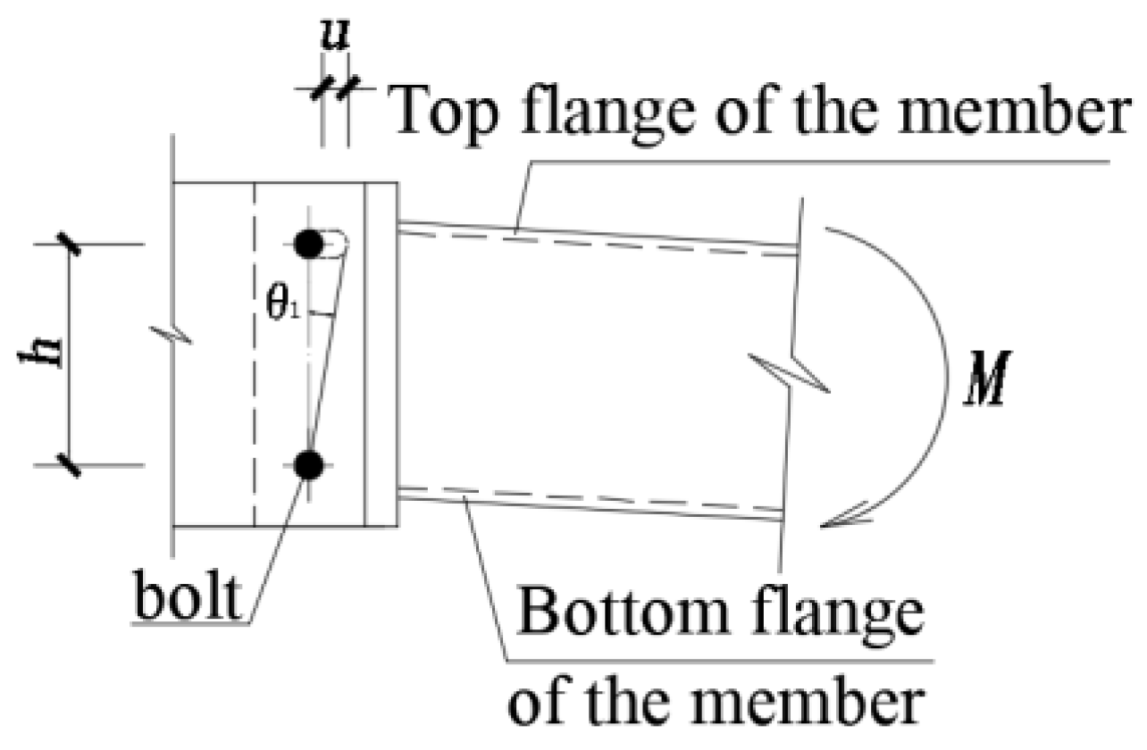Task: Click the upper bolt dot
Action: point(308,244)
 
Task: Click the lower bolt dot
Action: point(309,464)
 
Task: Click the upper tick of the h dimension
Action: point(71,243)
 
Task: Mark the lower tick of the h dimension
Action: point(71,464)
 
